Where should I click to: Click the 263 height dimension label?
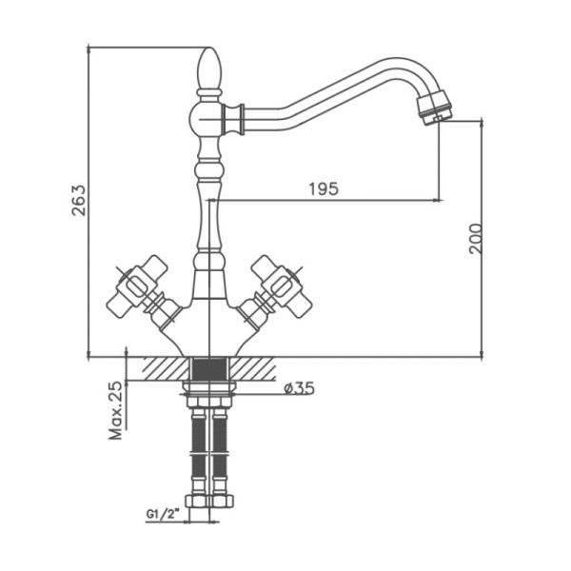[x=79, y=201]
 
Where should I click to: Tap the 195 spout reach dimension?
[x=324, y=188]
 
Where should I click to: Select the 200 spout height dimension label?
[x=475, y=239]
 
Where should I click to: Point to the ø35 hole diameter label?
[x=299, y=388]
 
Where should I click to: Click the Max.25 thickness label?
[x=116, y=410]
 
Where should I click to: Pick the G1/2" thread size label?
[x=164, y=514]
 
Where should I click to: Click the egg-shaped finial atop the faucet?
[x=208, y=69]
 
